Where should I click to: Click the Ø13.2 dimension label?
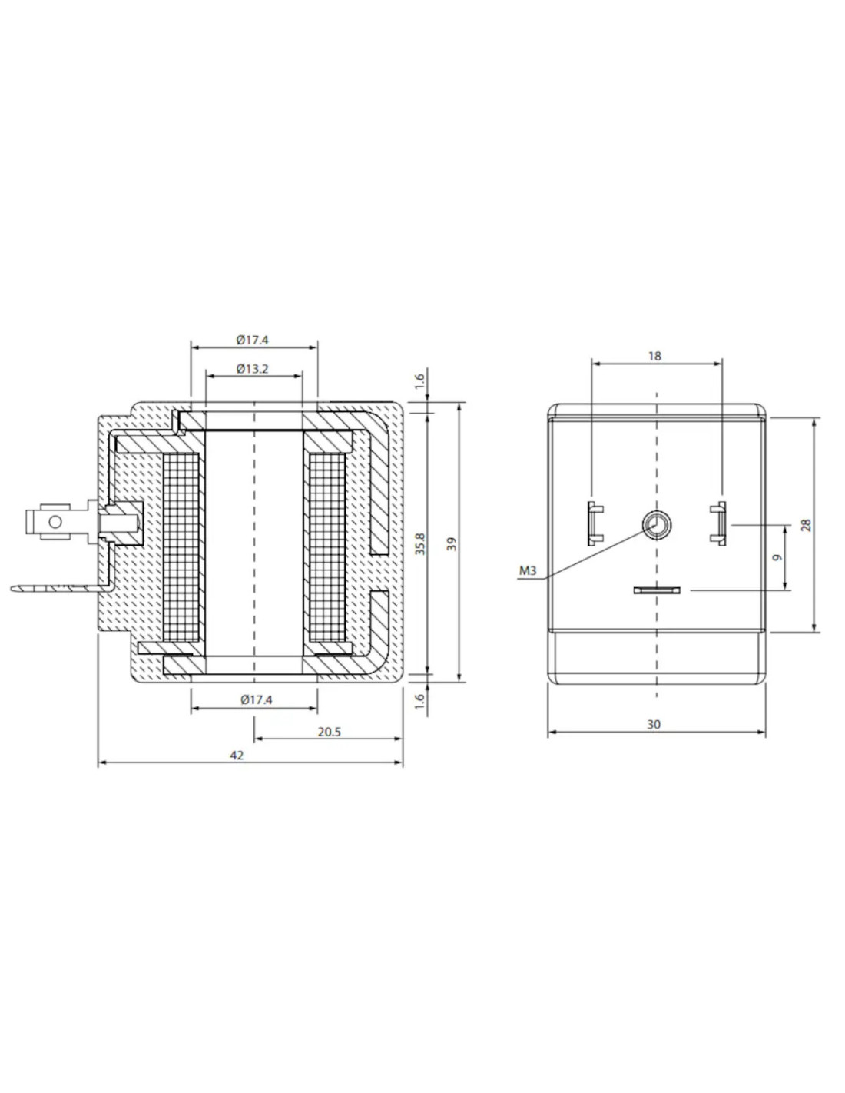point(252,369)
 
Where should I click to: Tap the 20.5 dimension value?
point(330,732)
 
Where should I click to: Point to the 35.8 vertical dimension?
point(421,543)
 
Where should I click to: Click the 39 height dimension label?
point(452,543)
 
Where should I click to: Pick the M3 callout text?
point(528,570)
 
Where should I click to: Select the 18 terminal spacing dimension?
point(654,356)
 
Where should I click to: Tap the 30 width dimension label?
point(654,724)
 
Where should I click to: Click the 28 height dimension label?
point(807,525)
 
